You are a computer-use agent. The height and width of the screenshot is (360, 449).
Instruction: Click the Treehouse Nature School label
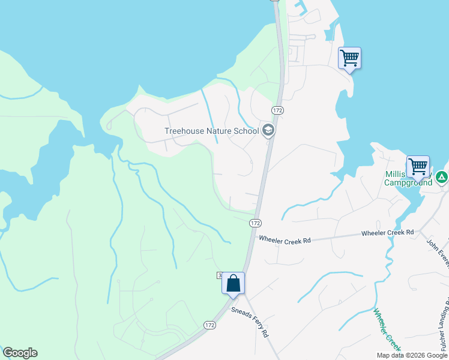click(x=211, y=131)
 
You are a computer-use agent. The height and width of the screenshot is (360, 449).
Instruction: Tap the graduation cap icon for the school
click(x=268, y=130)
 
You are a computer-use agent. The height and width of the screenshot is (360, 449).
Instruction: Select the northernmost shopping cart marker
click(x=349, y=59)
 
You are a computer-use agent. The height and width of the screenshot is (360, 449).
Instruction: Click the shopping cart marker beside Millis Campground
click(x=418, y=166)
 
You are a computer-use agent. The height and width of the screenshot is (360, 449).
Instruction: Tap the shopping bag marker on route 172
click(x=234, y=283)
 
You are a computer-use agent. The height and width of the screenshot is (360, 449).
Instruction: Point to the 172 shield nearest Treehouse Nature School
click(x=277, y=110)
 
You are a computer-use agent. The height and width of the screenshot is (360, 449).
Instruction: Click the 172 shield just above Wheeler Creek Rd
click(x=255, y=223)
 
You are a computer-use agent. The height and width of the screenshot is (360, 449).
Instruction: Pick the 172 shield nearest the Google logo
click(x=209, y=325)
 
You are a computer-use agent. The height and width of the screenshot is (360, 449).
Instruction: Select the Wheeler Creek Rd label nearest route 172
click(x=285, y=240)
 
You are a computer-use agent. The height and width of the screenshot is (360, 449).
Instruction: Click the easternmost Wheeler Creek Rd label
click(x=387, y=232)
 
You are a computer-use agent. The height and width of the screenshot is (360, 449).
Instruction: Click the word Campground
click(x=408, y=182)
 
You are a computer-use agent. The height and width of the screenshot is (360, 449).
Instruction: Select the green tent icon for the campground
click(x=442, y=177)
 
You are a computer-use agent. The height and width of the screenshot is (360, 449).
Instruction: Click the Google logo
click(x=20, y=353)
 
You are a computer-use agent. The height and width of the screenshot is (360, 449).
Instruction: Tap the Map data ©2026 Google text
click(x=412, y=355)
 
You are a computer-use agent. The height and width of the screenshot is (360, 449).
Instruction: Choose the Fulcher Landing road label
click(x=444, y=327)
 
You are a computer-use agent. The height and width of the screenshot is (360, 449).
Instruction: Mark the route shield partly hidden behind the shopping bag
click(x=220, y=275)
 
